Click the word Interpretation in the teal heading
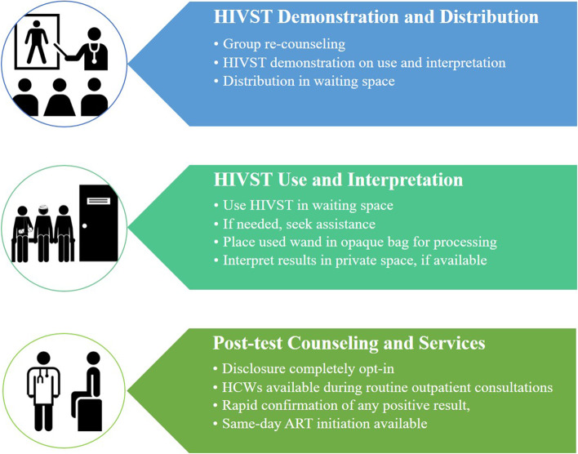(x=405, y=180)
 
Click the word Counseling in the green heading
(x=333, y=344)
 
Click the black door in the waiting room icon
(x=99, y=223)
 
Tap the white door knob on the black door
(x=85, y=225)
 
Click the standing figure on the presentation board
(x=36, y=42)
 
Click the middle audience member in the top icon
(x=60, y=97)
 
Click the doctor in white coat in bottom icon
(x=43, y=391)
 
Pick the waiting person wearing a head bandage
(x=43, y=233)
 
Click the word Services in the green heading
(x=452, y=344)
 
